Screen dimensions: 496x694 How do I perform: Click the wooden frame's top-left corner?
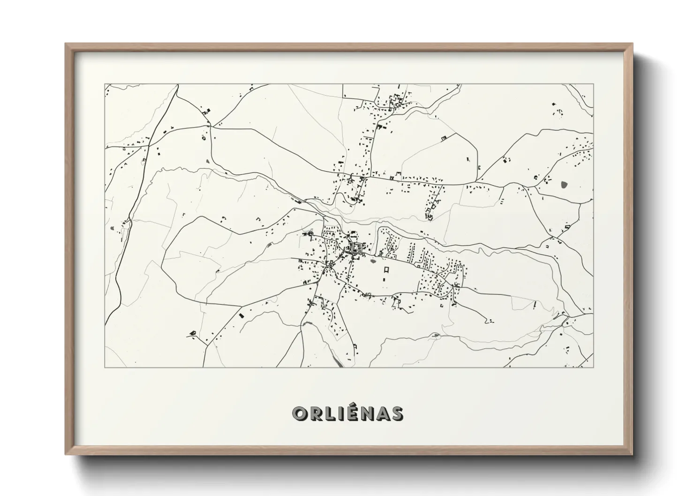click(x=66, y=44)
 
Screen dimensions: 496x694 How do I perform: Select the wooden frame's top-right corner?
click(x=632, y=44)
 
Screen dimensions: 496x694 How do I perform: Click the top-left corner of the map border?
click(x=105, y=84)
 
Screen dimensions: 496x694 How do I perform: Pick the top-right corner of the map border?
click(x=593, y=84)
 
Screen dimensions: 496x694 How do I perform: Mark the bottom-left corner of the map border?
click(x=105, y=368)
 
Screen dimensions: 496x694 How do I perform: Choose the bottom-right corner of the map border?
click(x=593, y=368)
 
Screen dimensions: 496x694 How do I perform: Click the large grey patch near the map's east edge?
click(x=563, y=184)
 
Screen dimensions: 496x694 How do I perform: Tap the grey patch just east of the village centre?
click(x=373, y=256)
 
